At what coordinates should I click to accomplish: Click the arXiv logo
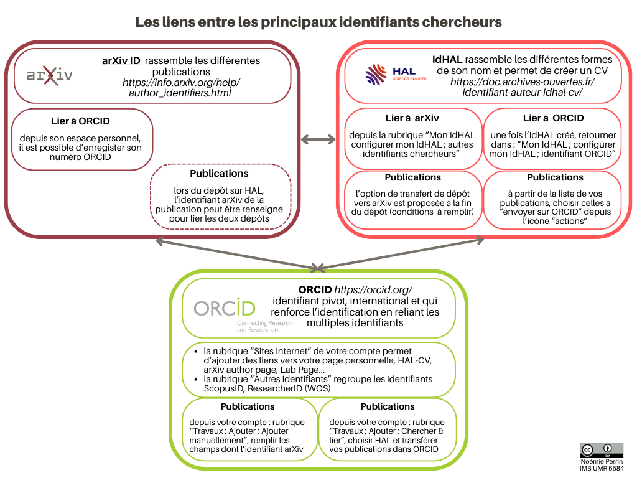point(49,76)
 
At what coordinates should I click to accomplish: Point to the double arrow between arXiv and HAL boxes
point(318,139)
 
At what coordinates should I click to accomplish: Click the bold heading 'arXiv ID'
point(121,61)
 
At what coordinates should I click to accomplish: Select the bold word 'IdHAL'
point(447,60)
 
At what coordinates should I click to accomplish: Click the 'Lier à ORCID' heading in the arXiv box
point(81,121)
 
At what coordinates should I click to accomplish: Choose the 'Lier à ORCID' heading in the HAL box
point(553,118)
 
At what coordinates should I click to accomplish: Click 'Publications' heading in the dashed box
point(219,174)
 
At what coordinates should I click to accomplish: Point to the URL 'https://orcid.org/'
point(373,290)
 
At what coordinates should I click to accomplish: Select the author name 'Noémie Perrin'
point(601,462)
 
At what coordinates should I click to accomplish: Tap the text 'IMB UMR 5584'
point(601,469)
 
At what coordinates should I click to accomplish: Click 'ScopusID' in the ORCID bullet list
point(221,388)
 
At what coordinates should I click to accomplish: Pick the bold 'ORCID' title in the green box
point(315,290)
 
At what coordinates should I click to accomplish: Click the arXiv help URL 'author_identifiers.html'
point(179,93)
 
